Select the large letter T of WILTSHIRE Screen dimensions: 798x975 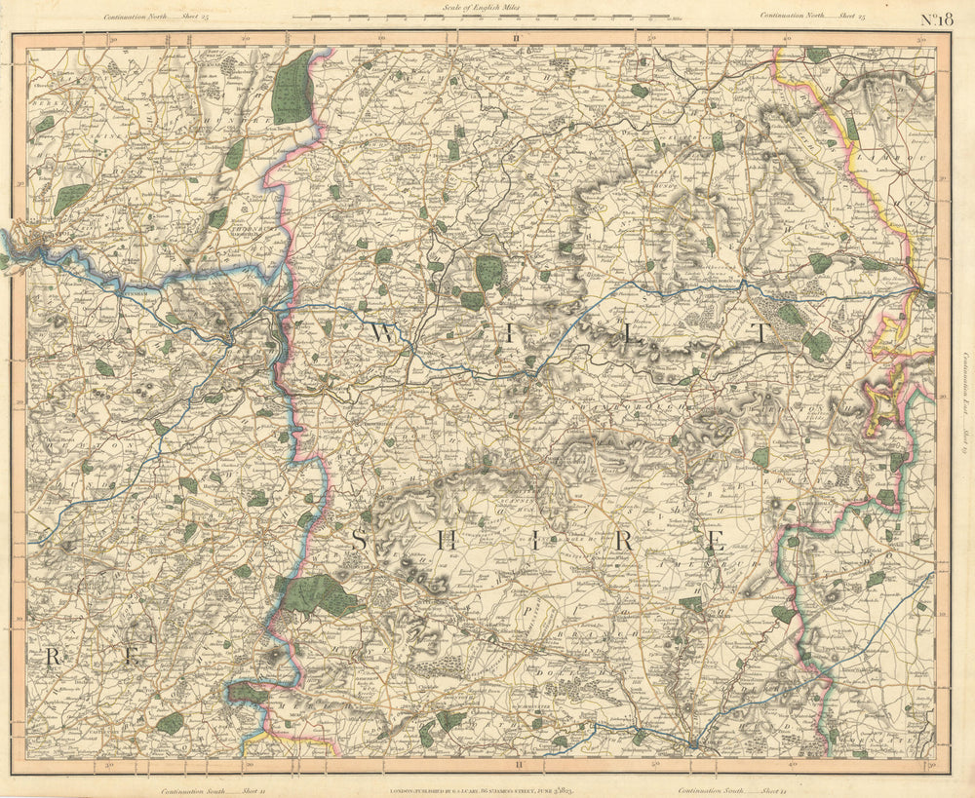pos(760,332)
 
